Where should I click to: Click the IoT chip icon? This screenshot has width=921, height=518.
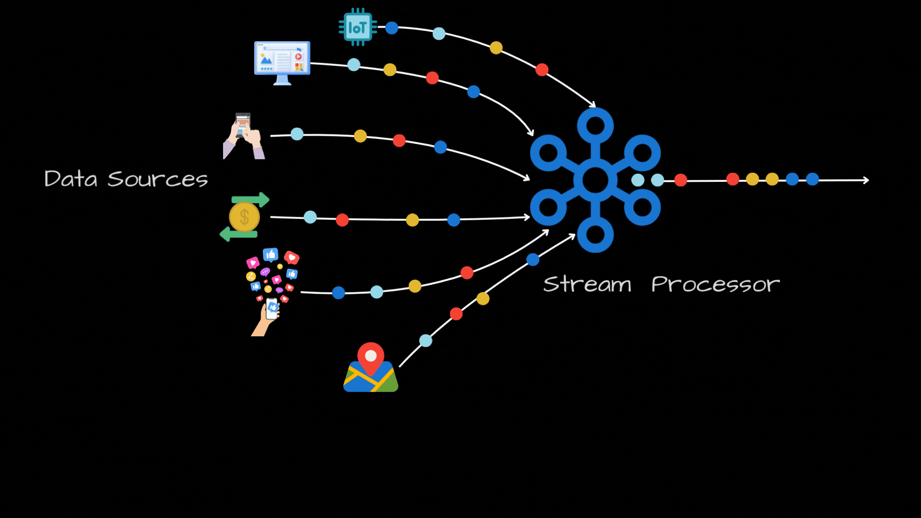[x=357, y=27]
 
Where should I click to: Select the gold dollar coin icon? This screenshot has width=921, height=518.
[x=244, y=217]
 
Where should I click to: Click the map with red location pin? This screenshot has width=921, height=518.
[x=371, y=369]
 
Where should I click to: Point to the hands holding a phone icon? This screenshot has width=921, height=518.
[x=244, y=136]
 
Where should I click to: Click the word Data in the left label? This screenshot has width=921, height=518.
[x=71, y=179]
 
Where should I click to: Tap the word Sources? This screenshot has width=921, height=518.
[x=158, y=179]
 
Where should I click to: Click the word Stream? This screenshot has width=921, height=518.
[x=587, y=284]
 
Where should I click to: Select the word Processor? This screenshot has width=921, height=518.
[x=715, y=284]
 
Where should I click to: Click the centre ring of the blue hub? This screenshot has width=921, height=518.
[x=595, y=180]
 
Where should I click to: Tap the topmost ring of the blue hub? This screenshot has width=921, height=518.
[x=595, y=126]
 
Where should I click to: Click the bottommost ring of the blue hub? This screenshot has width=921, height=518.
[x=595, y=235]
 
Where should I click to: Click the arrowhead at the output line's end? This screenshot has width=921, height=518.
[x=866, y=180]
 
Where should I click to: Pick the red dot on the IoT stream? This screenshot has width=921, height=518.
[x=542, y=70]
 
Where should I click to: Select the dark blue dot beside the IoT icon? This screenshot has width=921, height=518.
[x=392, y=28]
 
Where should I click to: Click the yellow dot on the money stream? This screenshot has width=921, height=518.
[x=413, y=220]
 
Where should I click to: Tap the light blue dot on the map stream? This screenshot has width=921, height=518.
[x=426, y=341]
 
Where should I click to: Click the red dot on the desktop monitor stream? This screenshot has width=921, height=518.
[x=432, y=78]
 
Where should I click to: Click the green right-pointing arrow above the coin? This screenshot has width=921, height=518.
[x=250, y=199]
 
